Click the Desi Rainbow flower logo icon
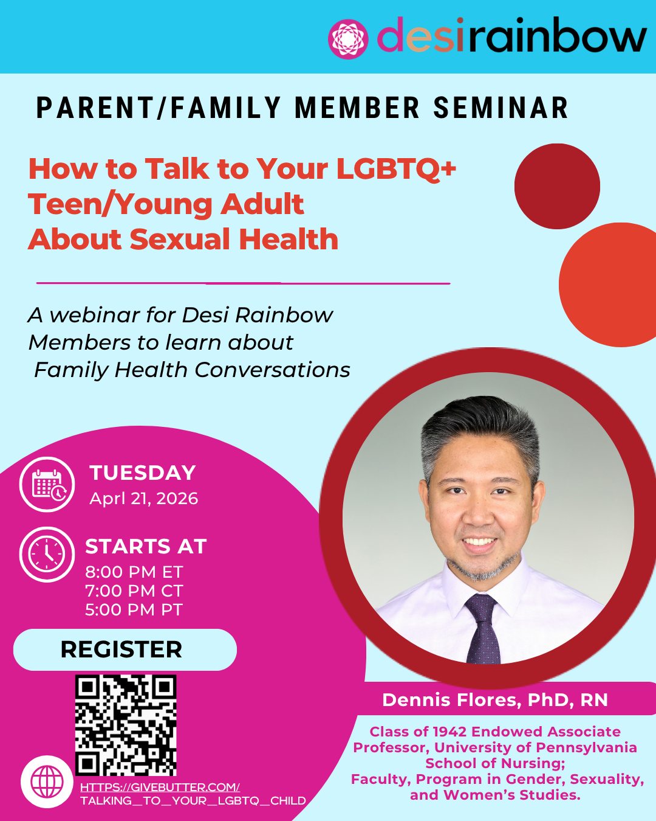click(348, 39)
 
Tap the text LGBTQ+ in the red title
click(395, 168)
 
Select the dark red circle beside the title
click(557, 186)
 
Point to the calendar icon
click(47, 485)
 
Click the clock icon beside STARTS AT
click(47, 555)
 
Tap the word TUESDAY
click(143, 473)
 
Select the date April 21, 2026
click(144, 499)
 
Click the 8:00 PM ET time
click(134, 572)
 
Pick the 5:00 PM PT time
click(134, 610)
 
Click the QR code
click(126, 725)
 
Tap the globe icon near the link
click(47, 781)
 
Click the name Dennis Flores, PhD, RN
click(495, 700)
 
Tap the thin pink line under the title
click(243, 283)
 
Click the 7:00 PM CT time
click(134, 591)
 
